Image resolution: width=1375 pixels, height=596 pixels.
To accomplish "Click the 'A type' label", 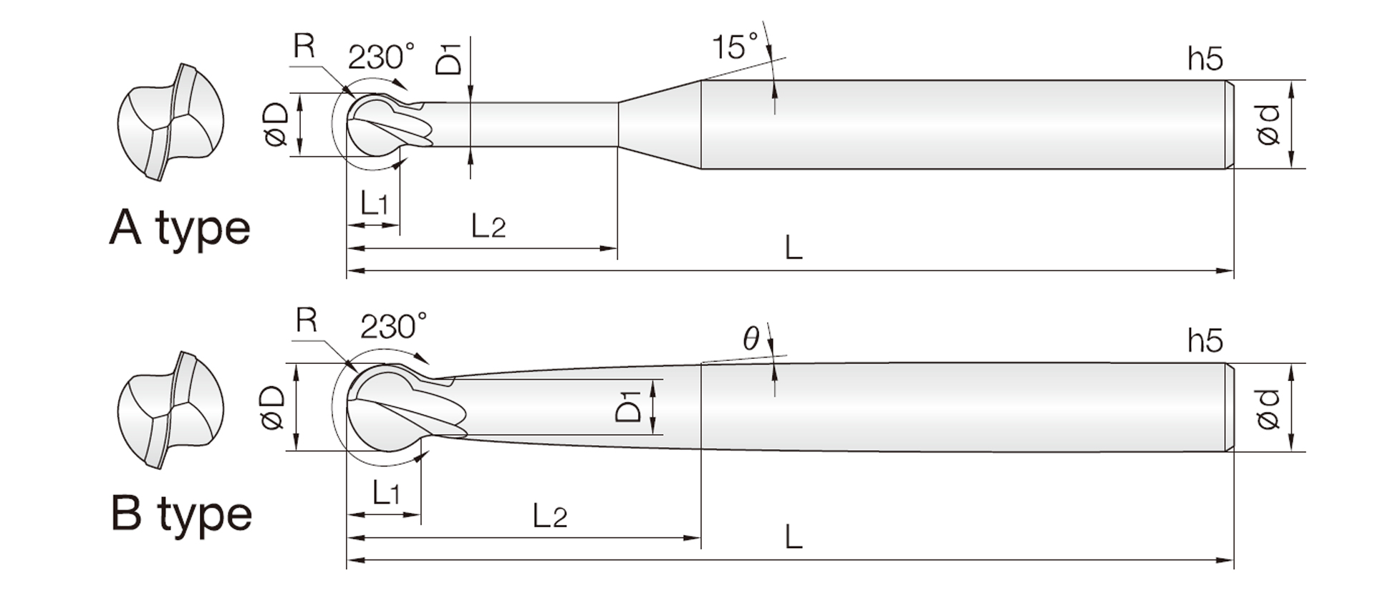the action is (180, 229).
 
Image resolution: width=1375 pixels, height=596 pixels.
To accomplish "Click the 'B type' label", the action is (182, 515).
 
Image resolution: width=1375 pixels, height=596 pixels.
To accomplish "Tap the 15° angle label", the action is (734, 47).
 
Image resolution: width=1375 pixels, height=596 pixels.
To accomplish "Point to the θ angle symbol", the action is (751, 337).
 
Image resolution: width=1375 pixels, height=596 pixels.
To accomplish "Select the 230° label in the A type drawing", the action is (381, 57).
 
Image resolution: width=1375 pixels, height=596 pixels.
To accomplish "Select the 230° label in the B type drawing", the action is (393, 327).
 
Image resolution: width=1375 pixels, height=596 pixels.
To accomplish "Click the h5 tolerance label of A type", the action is (1205, 59).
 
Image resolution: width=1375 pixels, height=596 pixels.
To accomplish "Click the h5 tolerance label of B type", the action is (1205, 341).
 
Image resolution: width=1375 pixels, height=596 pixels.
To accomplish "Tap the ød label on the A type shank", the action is (1268, 125).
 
